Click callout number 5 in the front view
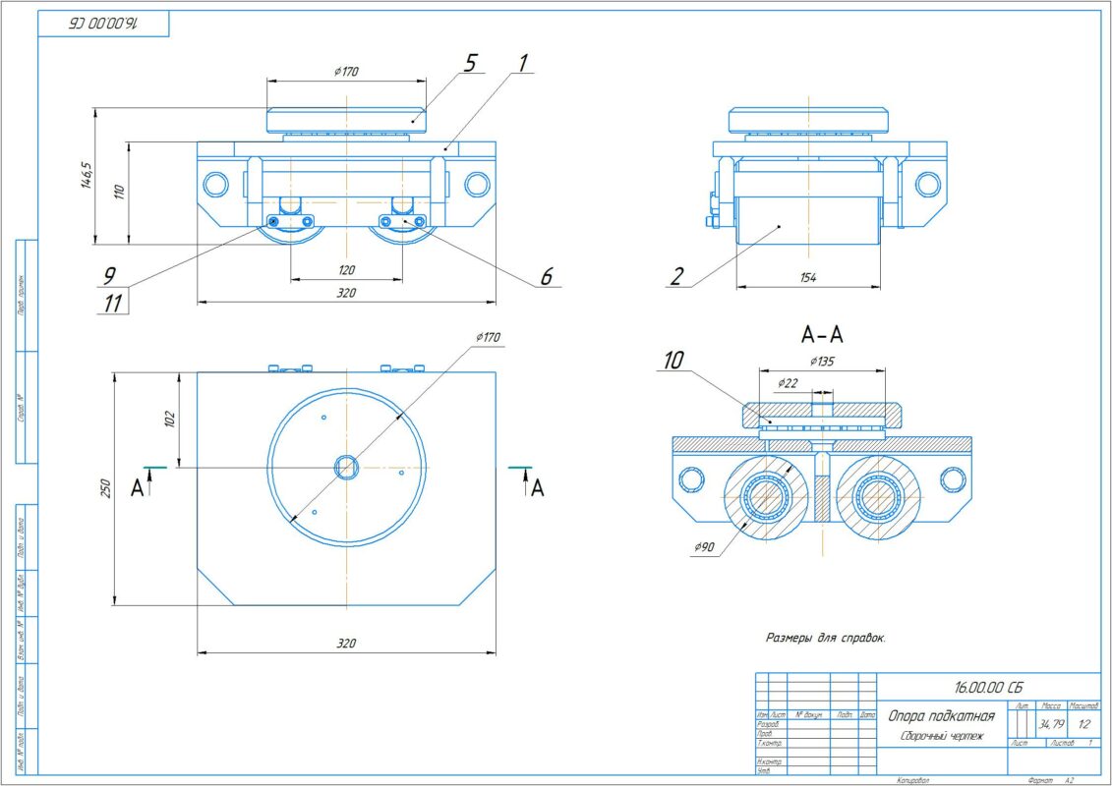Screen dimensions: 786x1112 [470, 64]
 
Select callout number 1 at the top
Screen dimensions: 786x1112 [523, 64]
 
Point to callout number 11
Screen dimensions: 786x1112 [114, 304]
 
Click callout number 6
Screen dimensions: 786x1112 [547, 277]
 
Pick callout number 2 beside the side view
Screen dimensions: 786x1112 [676, 276]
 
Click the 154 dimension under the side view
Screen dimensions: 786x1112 [807, 278]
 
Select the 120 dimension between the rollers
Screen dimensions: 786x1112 [346, 269]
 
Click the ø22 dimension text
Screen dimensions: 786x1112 [787, 382]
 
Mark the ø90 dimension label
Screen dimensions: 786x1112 [703, 547]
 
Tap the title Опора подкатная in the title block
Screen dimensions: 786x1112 [942, 716]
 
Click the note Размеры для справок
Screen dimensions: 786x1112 [826, 638]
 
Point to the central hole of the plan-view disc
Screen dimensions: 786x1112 [346, 467]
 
